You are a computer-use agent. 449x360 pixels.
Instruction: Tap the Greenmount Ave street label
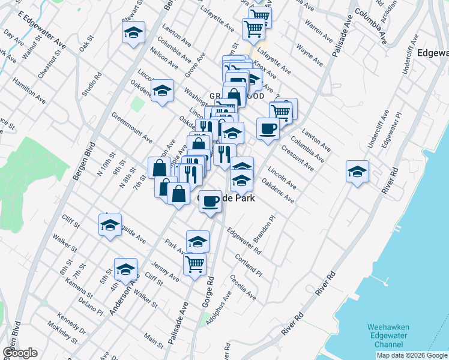131,128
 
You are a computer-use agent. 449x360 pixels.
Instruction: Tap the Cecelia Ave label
243,287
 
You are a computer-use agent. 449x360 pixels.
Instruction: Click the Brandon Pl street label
264,229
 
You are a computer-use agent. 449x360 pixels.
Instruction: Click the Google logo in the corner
20,353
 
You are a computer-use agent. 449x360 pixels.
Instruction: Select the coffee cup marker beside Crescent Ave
268,128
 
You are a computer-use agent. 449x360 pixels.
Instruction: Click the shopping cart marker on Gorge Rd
194,264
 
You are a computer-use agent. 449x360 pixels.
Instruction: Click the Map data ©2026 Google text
411,355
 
